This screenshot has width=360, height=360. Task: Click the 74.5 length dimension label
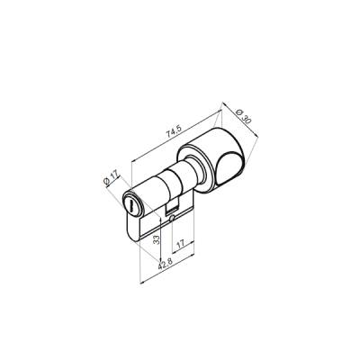(x=174, y=131)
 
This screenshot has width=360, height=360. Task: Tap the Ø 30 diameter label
(x=244, y=117)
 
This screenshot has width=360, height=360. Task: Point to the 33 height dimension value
(x=157, y=239)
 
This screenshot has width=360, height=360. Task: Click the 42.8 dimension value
(x=166, y=265)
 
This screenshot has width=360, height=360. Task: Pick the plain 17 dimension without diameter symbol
(x=181, y=244)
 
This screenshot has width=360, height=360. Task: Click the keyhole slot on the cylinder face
(x=131, y=205)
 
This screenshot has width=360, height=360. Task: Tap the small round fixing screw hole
(x=172, y=219)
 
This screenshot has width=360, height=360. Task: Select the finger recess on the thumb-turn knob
(x=229, y=168)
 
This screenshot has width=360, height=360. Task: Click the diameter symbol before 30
(x=239, y=112)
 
